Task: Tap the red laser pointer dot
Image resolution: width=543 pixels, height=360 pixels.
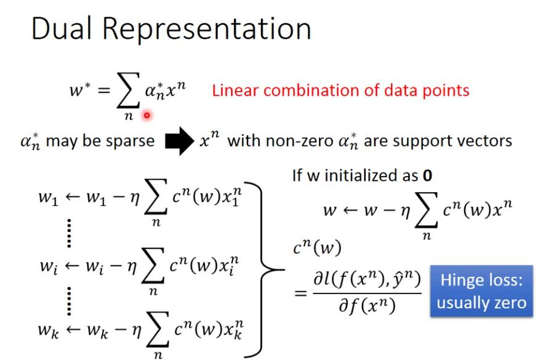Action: (147, 114)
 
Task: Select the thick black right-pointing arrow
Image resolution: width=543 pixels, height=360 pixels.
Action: (179, 141)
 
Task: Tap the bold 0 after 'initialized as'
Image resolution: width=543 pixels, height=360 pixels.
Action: (426, 175)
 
